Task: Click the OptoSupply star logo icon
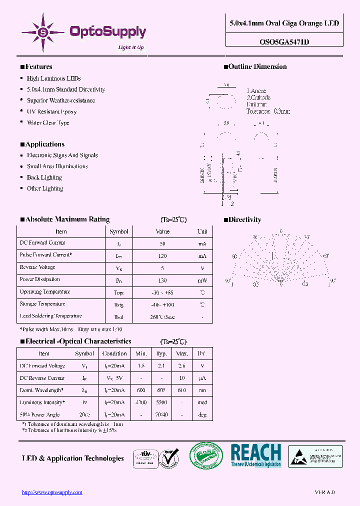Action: point(42,31)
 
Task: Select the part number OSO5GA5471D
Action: point(284,42)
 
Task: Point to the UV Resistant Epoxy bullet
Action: point(51,111)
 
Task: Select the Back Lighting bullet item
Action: point(44,177)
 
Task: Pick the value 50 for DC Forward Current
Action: point(162,243)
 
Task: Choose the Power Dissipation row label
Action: point(40,279)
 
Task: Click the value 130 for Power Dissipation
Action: point(162,280)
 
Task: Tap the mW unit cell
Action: point(202,280)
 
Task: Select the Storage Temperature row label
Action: point(42,304)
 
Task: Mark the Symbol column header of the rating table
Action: point(119,231)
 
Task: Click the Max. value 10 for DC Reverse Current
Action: point(182,378)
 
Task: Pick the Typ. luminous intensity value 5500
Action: point(161,402)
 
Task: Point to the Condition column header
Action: point(114,353)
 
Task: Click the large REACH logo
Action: point(256,455)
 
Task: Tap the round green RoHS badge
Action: point(205,456)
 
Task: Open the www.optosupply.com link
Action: point(52,492)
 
